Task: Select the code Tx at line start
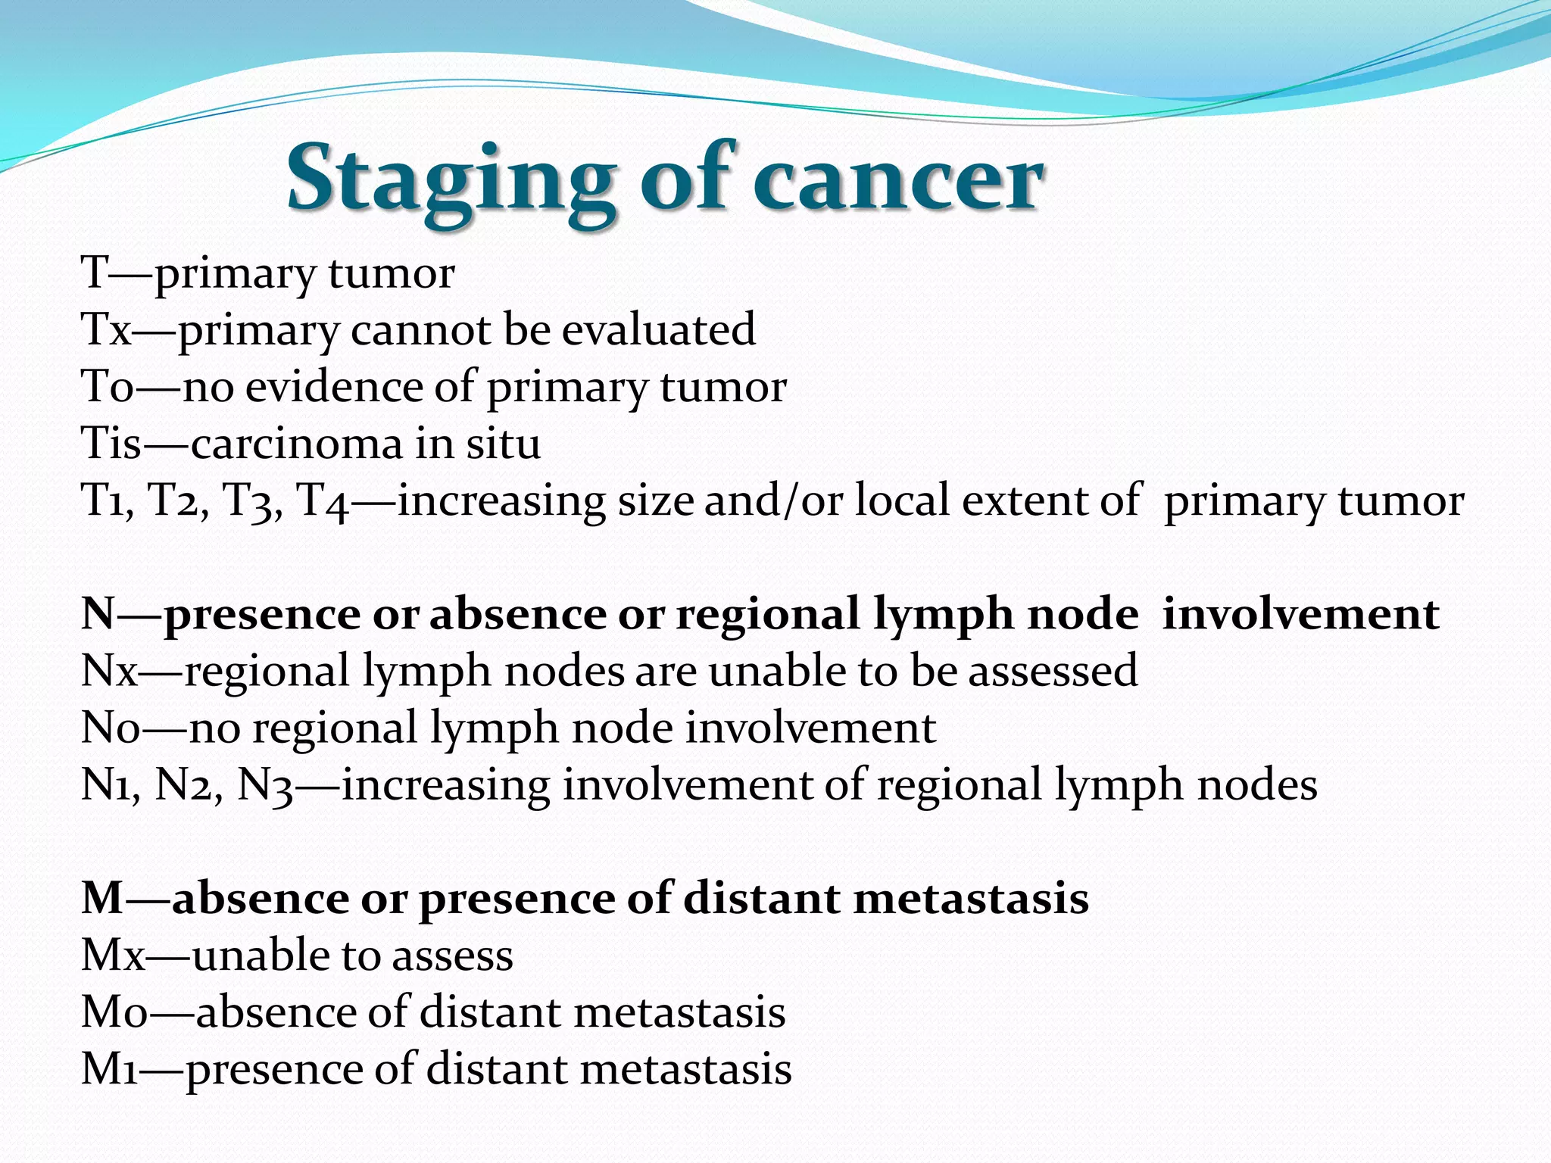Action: tap(106, 330)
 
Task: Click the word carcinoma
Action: tap(296, 444)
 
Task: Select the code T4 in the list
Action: tap(323, 501)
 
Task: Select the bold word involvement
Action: tap(1300, 614)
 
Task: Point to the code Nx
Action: tap(110, 672)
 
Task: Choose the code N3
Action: tap(265, 785)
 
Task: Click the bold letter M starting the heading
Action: tap(102, 899)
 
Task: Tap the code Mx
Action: tap(113, 956)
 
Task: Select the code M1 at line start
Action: tap(110, 1069)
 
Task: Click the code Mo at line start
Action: tap(114, 1012)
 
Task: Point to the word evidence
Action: tap(333, 387)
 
